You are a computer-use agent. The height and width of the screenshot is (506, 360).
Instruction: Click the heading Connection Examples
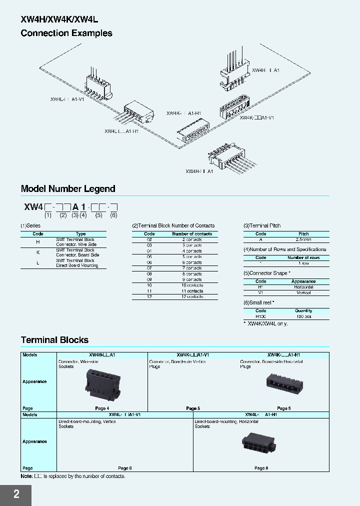[x=66, y=33]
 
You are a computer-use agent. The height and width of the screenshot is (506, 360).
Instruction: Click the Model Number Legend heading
[x=68, y=189]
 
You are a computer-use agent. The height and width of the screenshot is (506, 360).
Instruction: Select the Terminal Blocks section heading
[x=54, y=340]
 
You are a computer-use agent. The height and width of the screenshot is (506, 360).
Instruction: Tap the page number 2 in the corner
[x=16, y=494]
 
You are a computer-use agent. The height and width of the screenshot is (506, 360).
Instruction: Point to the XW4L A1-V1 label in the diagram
[x=68, y=99]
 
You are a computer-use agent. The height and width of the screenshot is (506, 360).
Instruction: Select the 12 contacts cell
[x=192, y=296]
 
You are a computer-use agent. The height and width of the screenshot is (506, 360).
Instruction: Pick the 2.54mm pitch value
[x=303, y=240]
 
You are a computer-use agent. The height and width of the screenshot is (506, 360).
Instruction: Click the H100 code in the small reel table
[x=261, y=316]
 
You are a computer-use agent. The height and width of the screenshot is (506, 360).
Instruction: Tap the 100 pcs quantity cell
[x=303, y=316]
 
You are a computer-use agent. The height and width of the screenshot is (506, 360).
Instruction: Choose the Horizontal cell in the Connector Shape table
[x=303, y=287]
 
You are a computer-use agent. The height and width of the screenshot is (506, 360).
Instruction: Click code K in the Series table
[x=38, y=252]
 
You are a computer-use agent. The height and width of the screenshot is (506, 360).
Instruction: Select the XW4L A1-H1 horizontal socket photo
[x=261, y=443]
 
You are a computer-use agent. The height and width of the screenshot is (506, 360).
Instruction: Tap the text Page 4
[x=101, y=408]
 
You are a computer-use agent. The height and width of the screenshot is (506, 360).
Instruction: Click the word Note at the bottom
[x=26, y=476]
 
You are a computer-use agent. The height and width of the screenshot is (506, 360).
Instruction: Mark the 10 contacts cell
[x=192, y=285]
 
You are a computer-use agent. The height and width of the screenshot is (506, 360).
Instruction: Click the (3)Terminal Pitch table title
[x=262, y=226]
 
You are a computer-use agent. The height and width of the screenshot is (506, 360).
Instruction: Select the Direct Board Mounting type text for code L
[x=77, y=263]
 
